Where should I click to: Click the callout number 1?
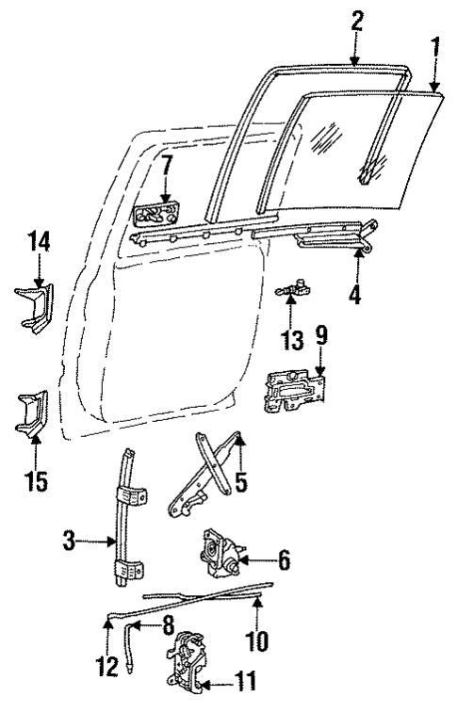click(x=433, y=48)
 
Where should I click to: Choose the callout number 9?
click(x=321, y=333)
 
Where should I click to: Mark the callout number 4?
click(x=355, y=294)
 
